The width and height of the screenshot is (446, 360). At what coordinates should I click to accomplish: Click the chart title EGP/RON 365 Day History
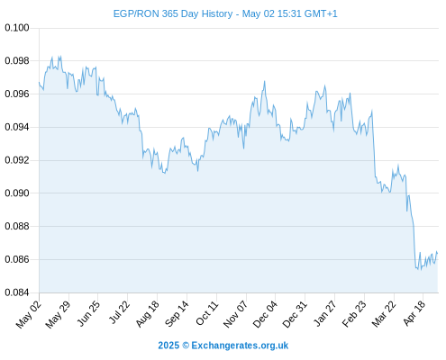173,13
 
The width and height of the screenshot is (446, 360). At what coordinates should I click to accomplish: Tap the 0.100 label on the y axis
17,28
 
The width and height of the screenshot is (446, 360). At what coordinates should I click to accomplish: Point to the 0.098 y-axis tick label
17,61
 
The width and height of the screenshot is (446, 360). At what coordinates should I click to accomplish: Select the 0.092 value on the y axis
17,160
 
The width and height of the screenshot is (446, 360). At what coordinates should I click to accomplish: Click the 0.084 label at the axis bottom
17,292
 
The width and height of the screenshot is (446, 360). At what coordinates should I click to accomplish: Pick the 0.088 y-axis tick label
17,226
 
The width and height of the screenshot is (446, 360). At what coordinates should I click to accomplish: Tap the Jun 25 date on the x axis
88,313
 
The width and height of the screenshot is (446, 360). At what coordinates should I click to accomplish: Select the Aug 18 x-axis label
147,313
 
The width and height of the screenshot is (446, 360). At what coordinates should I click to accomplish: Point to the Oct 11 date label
206,313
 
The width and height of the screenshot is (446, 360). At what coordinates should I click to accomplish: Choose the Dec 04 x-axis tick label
265,314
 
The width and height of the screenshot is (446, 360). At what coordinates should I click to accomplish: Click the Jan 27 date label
324,313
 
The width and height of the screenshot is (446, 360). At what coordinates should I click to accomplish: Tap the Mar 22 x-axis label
384,314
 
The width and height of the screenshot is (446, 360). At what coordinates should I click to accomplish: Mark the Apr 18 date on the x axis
414,313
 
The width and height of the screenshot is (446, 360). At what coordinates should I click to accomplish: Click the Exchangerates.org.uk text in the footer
240,346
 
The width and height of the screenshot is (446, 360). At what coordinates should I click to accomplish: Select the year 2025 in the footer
168,346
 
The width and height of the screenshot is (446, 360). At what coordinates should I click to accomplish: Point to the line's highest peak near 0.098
59,56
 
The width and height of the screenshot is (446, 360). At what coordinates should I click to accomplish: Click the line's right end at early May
438,254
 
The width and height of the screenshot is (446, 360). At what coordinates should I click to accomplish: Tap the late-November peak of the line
265,81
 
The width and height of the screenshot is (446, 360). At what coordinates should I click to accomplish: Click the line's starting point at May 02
39,82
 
